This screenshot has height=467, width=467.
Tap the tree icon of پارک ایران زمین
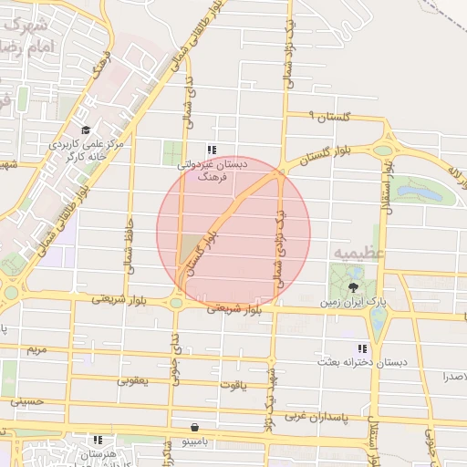[x=353, y=286]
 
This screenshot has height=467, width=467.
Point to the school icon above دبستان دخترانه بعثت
[x=363, y=348]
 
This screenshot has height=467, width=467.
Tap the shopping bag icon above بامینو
[x=194, y=427]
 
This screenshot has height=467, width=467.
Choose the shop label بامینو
[x=194, y=441]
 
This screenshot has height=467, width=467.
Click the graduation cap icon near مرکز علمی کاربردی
[x=86, y=130]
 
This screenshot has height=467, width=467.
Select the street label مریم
[x=36, y=349]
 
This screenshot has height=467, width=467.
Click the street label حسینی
[x=26, y=400]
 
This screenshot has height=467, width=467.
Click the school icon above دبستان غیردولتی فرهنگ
[x=212, y=150]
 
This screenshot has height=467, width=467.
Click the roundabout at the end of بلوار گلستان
[x=383, y=150]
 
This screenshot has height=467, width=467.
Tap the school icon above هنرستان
[x=98, y=440]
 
